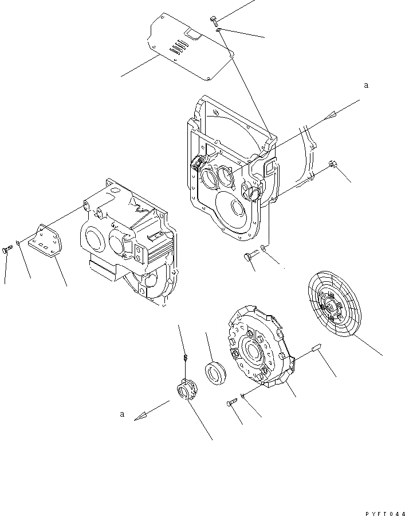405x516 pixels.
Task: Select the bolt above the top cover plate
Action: tap(214, 21)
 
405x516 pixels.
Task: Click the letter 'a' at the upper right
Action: tap(365, 85)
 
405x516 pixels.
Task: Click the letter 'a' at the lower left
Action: tap(122, 413)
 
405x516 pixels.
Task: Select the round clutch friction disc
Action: tap(335, 304)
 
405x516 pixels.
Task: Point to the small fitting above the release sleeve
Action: tap(186, 359)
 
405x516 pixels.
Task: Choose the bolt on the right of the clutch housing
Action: tap(333, 166)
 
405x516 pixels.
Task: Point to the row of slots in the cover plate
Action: tap(180, 46)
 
